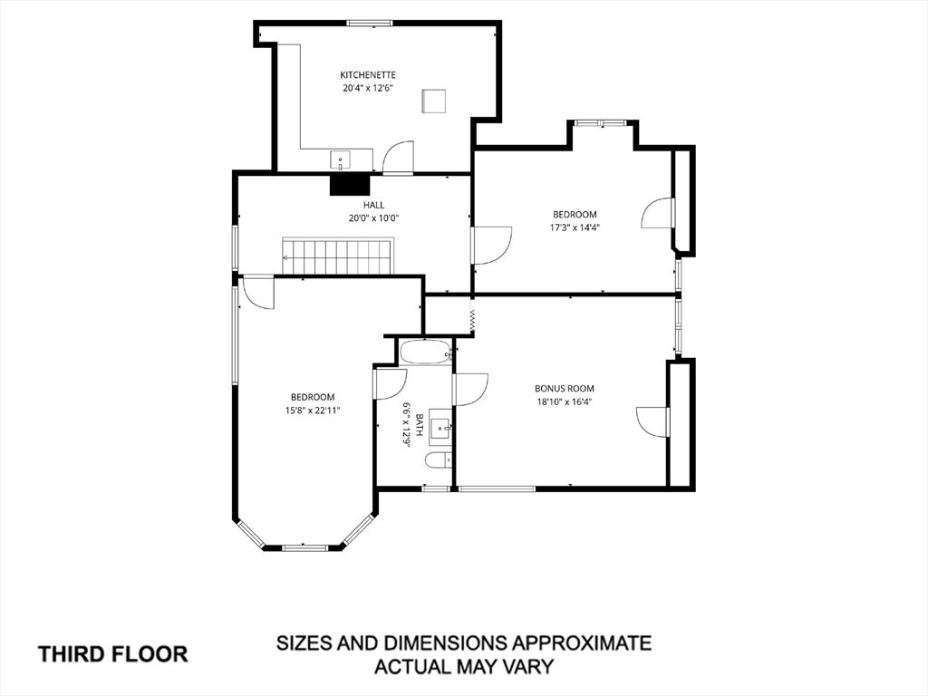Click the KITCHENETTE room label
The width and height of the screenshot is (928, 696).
pyautogui.click(x=368, y=75)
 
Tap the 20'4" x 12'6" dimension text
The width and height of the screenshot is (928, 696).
pyautogui.click(x=368, y=89)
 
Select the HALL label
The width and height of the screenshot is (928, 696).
pyautogui.click(x=374, y=205)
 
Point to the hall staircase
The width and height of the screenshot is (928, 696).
pyautogui.click(x=337, y=256)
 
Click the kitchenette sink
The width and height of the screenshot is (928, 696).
pyautogui.click(x=341, y=159)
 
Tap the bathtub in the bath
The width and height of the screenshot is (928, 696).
pyautogui.click(x=426, y=353)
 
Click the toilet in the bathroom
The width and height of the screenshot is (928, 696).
pyautogui.click(x=439, y=459)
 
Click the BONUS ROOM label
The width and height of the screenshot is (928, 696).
pyautogui.click(x=565, y=389)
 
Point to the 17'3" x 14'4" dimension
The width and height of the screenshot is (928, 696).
pyautogui.click(x=575, y=227)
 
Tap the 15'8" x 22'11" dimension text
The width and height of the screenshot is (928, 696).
pyautogui.click(x=313, y=410)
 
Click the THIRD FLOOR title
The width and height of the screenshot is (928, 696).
pyautogui.click(x=113, y=654)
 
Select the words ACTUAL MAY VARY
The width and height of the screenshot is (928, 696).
pyautogui.click(x=465, y=666)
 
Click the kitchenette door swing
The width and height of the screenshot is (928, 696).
pyautogui.click(x=398, y=158)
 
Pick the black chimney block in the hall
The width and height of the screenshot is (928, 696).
pyautogui.click(x=350, y=184)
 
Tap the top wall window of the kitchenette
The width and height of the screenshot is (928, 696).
pyautogui.click(x=370, y=23)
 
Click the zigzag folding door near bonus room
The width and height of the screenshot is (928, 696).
pyautogui.click(x=472, y=320)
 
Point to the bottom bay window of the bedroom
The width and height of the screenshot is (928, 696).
pyautogui.click(x=304, y=547)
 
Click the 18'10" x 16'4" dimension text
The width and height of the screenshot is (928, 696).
pyautogui.click(x=565, y=401)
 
